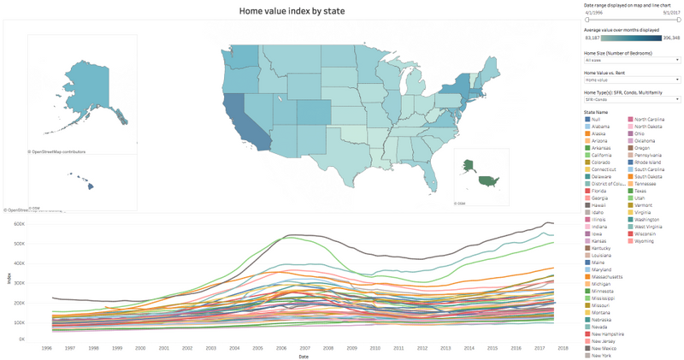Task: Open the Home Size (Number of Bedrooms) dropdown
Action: point(632,61)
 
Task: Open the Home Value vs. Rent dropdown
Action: point(632,80)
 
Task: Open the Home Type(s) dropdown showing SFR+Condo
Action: point(632,99)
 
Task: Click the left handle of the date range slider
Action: point(587,20)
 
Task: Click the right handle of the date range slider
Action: point(679,20)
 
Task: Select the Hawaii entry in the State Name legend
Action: point(600,205)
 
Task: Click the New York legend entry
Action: point(602,357)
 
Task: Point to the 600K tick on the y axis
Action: point(16,223)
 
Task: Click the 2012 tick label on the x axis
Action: point(422,348)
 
